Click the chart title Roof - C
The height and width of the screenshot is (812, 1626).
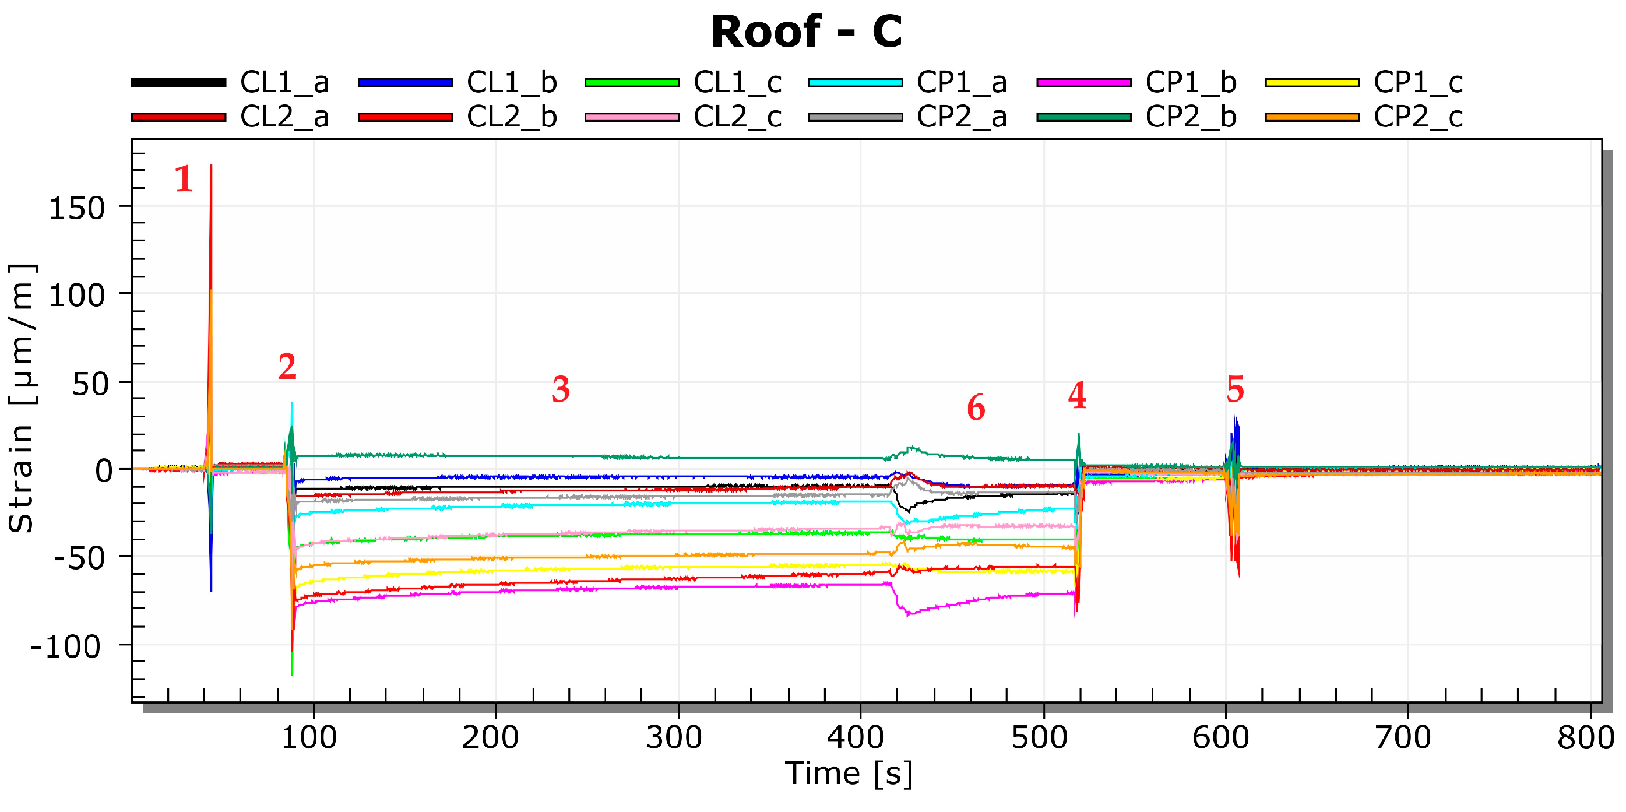click(806, 31)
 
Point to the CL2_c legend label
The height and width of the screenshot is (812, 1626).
click(737, 117)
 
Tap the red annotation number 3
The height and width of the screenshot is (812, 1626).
click(561, 389)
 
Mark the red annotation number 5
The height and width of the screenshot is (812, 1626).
click(1234, 389)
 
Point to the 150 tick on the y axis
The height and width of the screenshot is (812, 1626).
click(77, 208)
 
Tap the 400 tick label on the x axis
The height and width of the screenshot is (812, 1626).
click(856, 737)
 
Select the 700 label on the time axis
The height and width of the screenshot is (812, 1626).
click(1403, 737)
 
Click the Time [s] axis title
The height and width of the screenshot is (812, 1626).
click(849, 774)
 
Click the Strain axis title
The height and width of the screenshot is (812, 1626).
click(22, 398)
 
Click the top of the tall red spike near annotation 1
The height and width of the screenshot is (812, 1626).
click(211, 167)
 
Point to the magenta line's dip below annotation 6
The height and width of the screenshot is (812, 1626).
click(907, 613)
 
